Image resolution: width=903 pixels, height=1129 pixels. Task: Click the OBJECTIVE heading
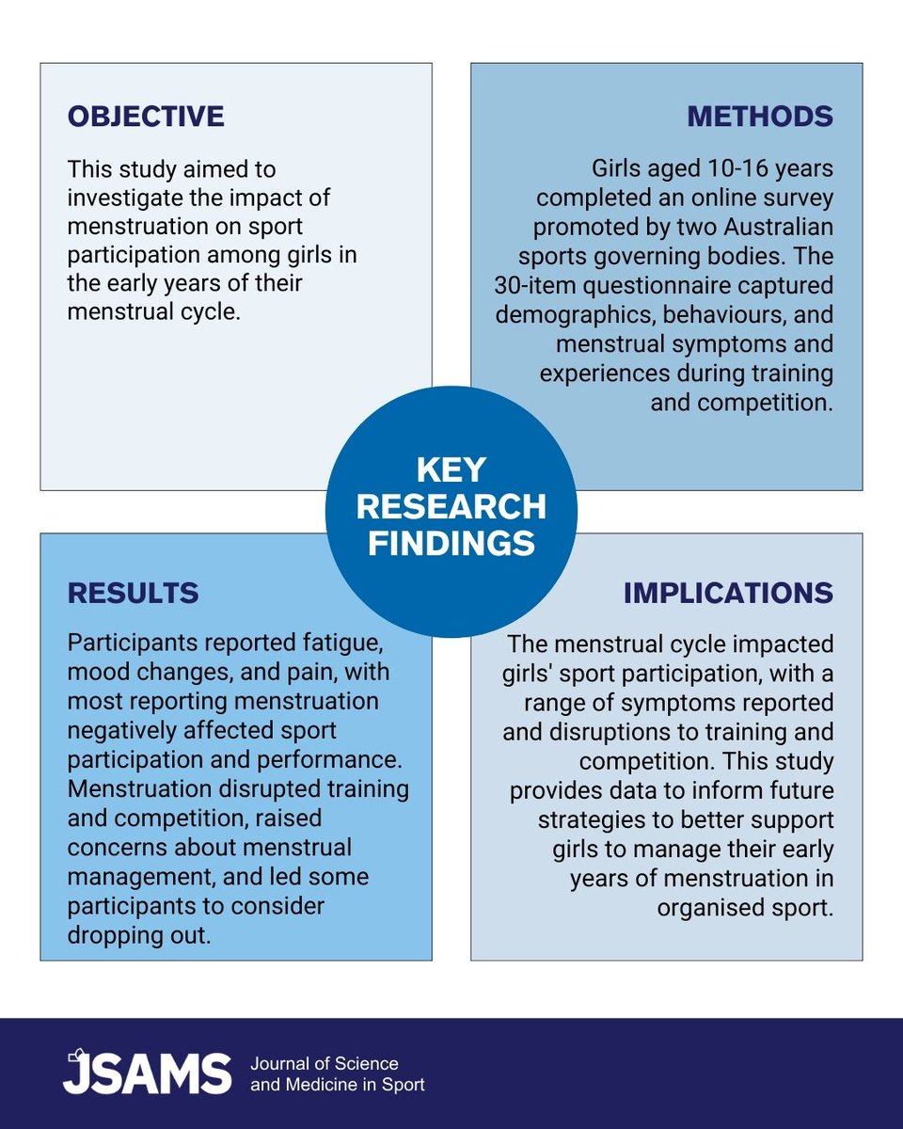tap(146, 116)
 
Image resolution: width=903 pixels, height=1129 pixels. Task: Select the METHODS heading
tap(760, 116)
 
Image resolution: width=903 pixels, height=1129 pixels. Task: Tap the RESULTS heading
tap(133, 592)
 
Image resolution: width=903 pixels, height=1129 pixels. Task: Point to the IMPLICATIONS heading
tap(727, 593)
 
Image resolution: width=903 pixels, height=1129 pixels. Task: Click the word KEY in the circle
tap(451, 469)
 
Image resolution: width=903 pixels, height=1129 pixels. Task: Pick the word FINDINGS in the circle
tap(451, 543)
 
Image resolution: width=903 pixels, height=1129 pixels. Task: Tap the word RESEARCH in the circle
tap(451, 506)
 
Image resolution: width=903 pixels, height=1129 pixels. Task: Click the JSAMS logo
tap(147, 1073)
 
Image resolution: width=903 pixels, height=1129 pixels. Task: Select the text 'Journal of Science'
tap(324, 1064)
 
